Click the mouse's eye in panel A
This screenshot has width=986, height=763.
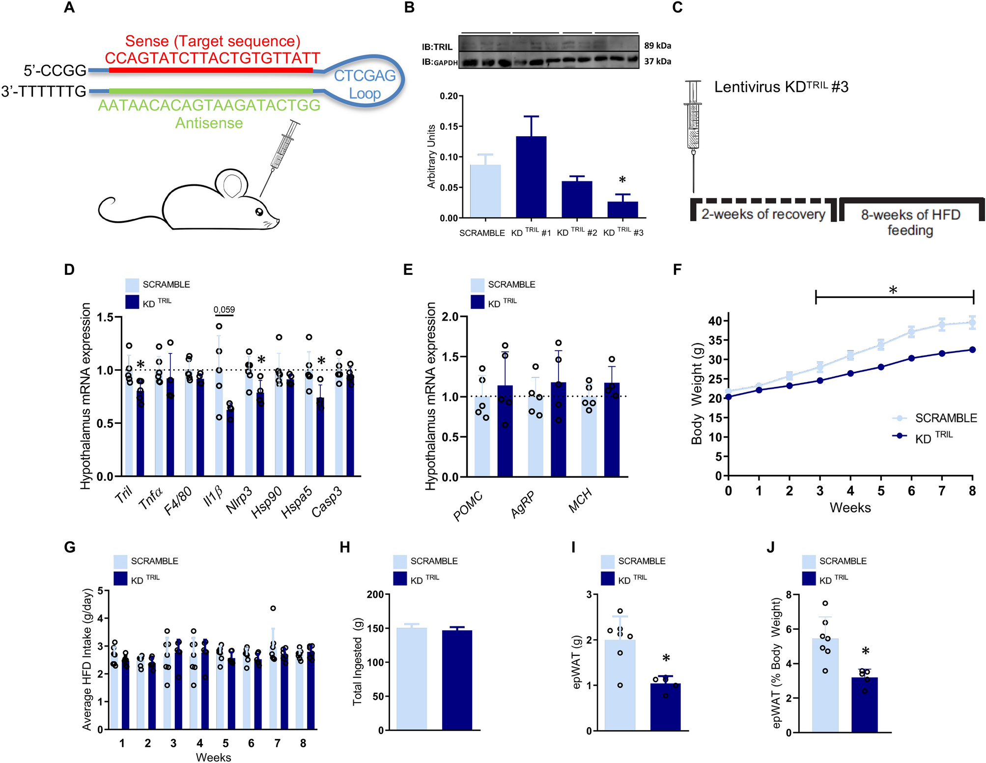point(259,212)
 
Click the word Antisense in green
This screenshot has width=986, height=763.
point(209,123)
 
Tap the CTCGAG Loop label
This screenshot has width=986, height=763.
point(365,84)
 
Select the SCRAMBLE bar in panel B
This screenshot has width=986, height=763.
point(485,191)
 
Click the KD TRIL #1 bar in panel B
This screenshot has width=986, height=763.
point(531,177)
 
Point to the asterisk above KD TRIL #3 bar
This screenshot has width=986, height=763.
point(622,180)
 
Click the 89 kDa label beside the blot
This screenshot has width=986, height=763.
point(657,46)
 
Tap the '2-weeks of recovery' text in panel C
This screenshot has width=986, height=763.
point(763,214)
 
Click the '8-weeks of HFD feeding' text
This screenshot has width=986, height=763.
point(910,222)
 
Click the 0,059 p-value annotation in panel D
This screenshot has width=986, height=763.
point(224,310)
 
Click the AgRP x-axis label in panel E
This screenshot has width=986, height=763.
point(522,504)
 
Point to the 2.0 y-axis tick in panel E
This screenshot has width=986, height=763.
point(450,317)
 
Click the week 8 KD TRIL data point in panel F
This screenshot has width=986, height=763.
point(972,350)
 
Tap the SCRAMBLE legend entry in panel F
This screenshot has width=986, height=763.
point(945,418)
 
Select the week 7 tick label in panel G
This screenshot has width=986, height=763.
point(277,743)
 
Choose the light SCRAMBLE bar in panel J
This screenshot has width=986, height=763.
point(825,685)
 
